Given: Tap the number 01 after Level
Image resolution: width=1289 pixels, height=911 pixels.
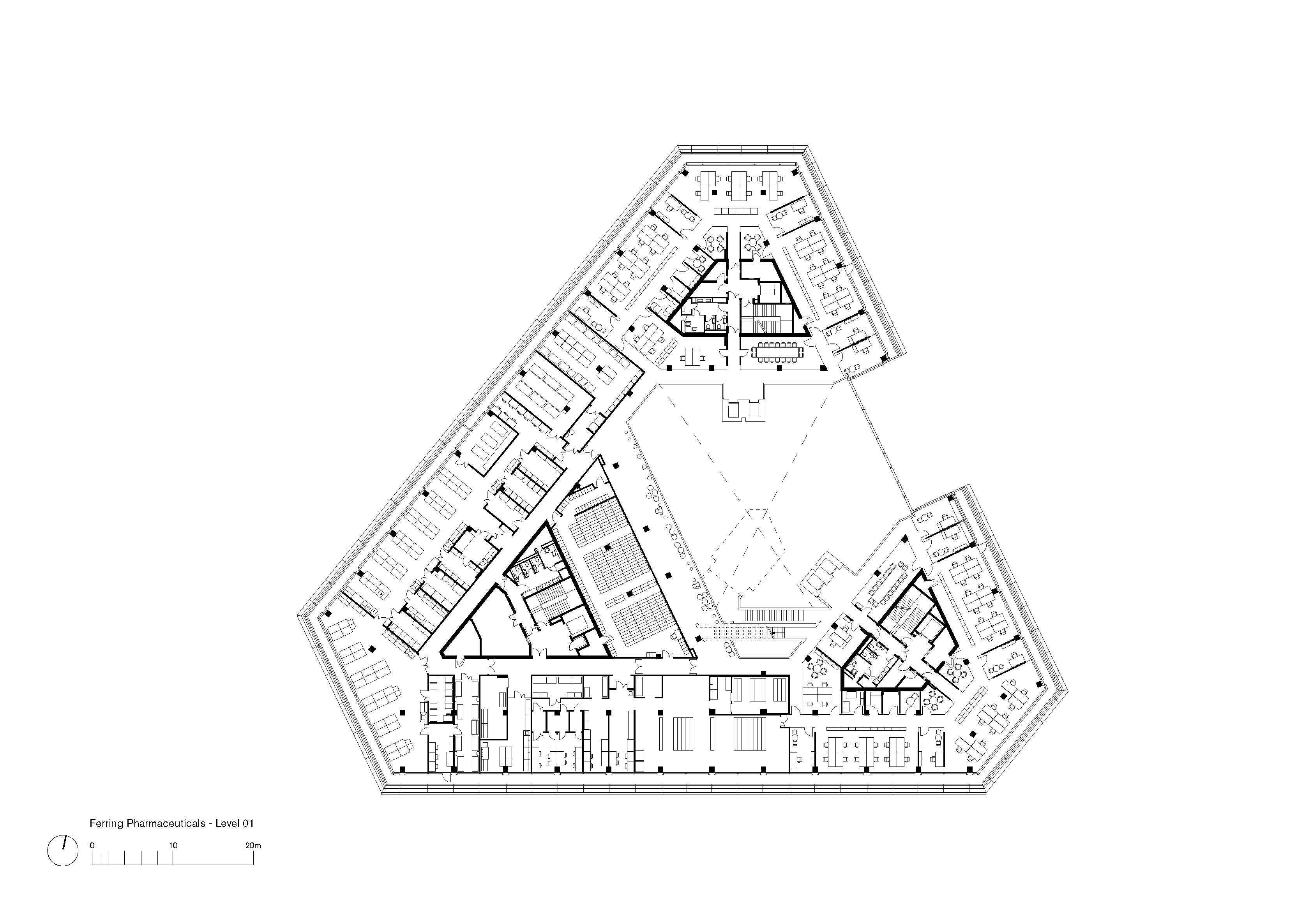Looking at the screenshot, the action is tap(248, 823).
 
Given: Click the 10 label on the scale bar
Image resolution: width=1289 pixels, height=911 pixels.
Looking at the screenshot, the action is tap(173, 845).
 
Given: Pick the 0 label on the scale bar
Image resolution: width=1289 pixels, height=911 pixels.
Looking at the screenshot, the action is tap(92, 845).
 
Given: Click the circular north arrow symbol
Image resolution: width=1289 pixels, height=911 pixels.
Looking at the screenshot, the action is tap(63, 851).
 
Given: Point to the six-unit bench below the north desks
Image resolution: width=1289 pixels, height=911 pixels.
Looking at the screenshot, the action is tap(735, 211).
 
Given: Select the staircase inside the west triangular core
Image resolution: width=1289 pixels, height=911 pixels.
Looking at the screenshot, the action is tap(545, 603).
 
